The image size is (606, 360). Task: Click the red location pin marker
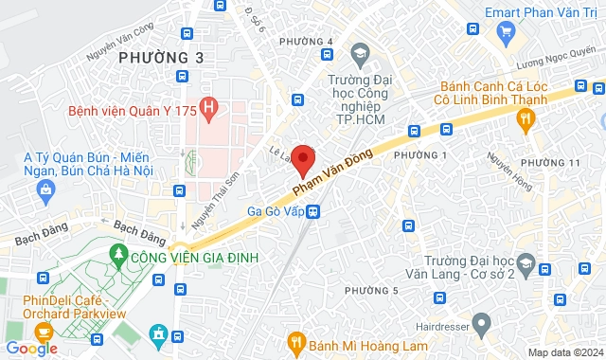[x=303, y=159]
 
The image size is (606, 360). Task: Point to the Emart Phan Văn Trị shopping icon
[x=506, y=32]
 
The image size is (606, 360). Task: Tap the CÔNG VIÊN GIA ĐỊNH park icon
[x=118, y=254]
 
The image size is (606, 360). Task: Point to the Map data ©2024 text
[x=564, y=352]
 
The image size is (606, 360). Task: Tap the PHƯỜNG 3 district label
[x=161, y=59]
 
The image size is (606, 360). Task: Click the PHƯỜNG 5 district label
[x=371, y=290]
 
